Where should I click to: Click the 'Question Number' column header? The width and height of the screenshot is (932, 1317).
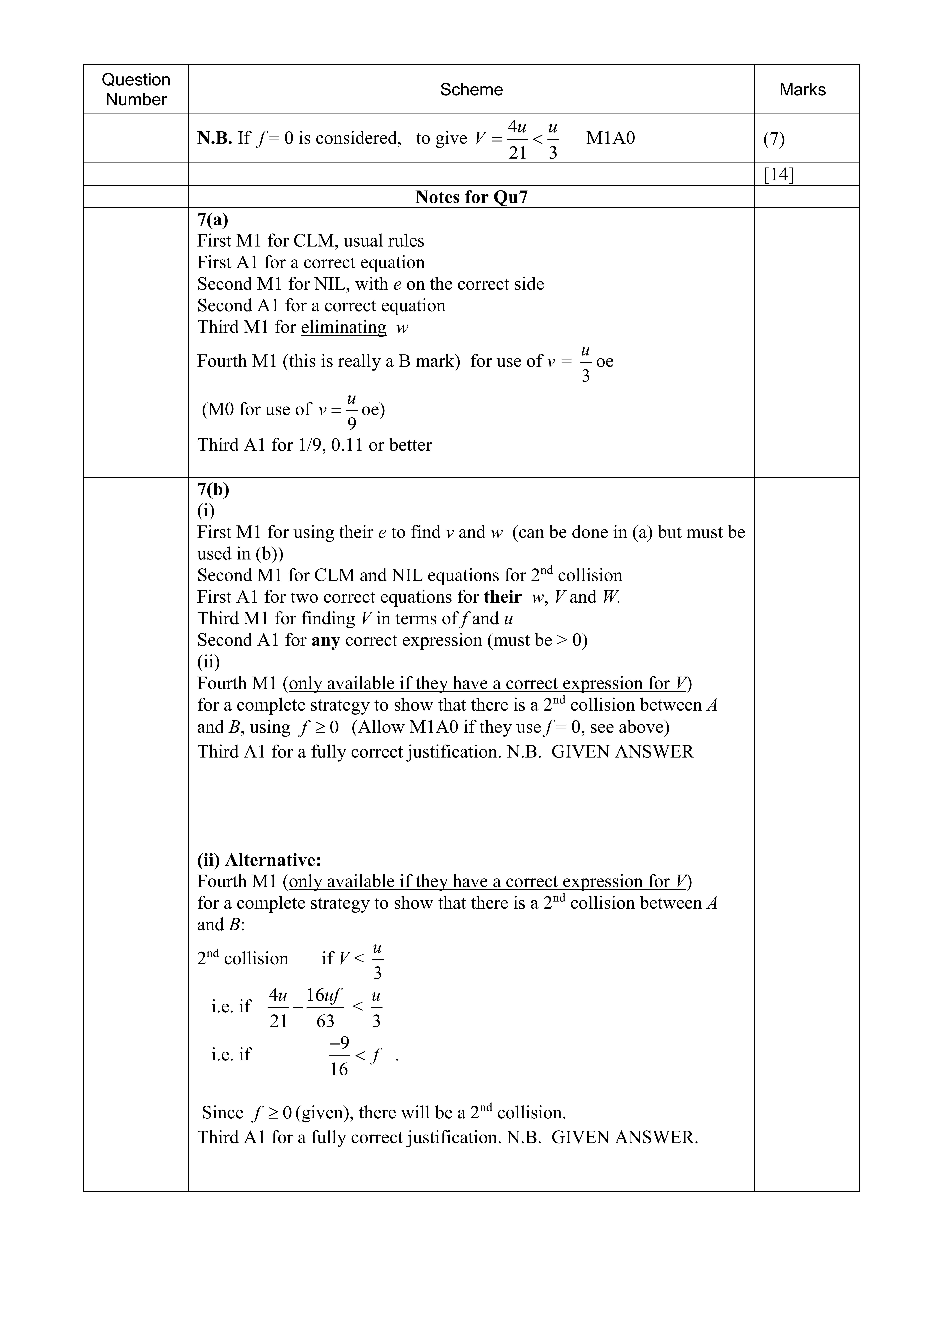click(136, 89)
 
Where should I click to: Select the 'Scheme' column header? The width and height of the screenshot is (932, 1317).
click(471, 89)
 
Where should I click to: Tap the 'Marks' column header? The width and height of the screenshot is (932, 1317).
click(802, 89)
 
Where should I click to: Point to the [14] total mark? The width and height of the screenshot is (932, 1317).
click(779, 174)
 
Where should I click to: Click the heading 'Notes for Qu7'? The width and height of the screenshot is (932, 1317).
click(471, 197)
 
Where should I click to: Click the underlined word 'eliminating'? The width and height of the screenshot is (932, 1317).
click(343, 327)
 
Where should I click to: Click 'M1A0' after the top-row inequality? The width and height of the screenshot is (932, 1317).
click(611, 138)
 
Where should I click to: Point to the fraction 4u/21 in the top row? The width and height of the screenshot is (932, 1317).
click(518, 139)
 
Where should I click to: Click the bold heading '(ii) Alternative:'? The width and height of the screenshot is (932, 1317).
click(259, 860)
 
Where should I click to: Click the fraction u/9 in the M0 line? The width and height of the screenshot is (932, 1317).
click(352, 411)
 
